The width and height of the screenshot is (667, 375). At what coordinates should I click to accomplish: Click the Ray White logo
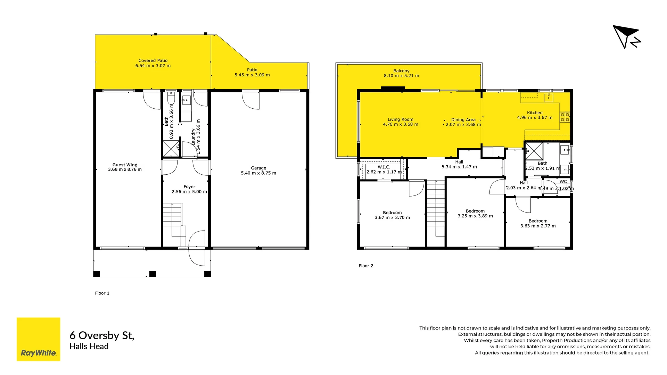pos(38,339)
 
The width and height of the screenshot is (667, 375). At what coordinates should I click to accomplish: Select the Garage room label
pos(258,168)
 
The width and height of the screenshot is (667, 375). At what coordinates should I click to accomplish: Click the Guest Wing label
pos(125,165)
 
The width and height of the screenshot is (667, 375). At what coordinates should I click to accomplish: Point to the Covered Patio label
pos(153,60)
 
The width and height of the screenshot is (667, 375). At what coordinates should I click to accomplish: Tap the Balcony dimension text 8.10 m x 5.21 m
pos(401,76)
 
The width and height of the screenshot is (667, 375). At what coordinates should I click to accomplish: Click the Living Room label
pos(401,119)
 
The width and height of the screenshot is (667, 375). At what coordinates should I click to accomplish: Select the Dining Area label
pos(463,120)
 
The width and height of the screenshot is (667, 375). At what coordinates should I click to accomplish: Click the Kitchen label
pos(535,113)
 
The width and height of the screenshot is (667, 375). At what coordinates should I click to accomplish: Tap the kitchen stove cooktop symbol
pos(565,117)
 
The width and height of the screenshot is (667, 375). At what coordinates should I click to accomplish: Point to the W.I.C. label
pos(384,167)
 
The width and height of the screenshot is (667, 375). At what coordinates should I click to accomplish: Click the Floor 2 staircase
pos(436,208)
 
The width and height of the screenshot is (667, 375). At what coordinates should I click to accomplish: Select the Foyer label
pos(189,187)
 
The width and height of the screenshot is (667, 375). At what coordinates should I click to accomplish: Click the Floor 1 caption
pos(102,293)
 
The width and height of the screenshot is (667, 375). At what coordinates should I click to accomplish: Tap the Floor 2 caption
pos(366,266)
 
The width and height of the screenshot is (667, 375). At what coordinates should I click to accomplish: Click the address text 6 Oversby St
pos(102,335)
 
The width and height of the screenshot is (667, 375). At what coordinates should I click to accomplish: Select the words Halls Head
pos(89,347)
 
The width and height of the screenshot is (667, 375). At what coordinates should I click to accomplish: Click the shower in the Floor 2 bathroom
pos(534,151)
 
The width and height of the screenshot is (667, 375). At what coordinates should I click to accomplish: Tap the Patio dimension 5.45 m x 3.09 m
pos(252,75)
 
